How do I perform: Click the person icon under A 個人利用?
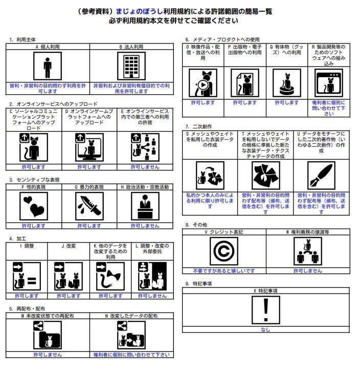coord(48,67)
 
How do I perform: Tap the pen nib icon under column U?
coord(321,176)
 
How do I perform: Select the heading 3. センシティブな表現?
coord(34,180)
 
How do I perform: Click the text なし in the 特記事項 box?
coord(265,330)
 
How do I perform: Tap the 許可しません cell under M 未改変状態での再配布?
coord(48,355)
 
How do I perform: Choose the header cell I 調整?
coord(27,246)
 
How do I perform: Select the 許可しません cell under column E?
coord(145,167)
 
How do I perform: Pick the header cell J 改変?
coord(69,246)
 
